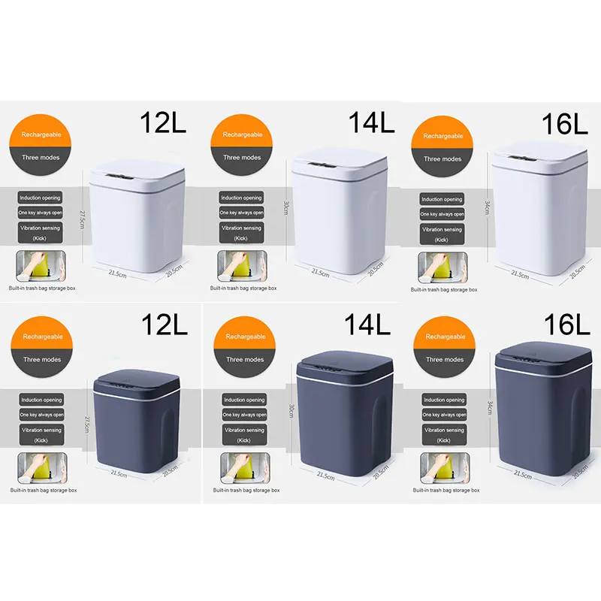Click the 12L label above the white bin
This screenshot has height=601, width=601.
point(163,122)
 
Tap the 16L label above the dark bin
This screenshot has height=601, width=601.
point(566,325)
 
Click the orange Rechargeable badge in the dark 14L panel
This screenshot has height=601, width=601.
point(246,337)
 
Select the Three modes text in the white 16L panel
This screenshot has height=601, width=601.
point(442,159)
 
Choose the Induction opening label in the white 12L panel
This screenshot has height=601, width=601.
point(41,198)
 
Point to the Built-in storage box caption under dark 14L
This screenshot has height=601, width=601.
point(246,490)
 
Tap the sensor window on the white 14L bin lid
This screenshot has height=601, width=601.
point(324,163)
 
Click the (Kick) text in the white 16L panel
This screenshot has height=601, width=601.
point(442,240)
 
